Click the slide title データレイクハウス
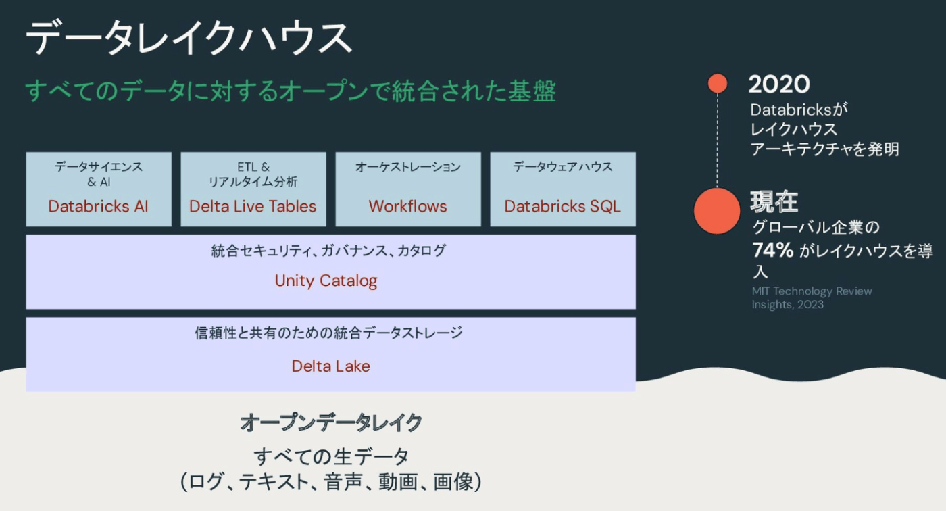pyautogui.click(x=189, y=38)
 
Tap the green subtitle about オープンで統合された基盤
pyautogui.click(x=291, y=91)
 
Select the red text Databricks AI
pyautogui.click(x=99, y=206)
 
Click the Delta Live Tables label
pyautogui.click(x=253, y=206)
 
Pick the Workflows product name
pyautogui.click(x=407, y=206)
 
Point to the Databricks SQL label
pyautogui.click(x=562, y=206)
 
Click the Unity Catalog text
pyautogui.click(x=326, y=281)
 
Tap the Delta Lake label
pyautogui.click(x=330, y=366)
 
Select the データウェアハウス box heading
pyautogui.click(x=562, y=167)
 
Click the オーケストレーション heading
pyautogui.click(x=408, y=167)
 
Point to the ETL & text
pyautogui.click(x=253, y=167)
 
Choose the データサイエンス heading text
pyautogui.click(x=99, y=167)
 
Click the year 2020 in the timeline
pyautogui.click(x=779, y=84)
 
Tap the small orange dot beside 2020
pyautogui.click(x=718, y=83)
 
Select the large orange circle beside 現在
pyautogui.click(x=717, y=211)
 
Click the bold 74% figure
pyautogui.click(x=773, y=250)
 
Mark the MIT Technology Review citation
pyautogui.click(x=812, y=297)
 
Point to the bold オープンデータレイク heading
pyautogui.click(x=331, y=422)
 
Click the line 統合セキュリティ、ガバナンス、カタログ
pyautogui.click(x=328, y=251)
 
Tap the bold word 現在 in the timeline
pyautogui.click(x=774, y=201)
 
